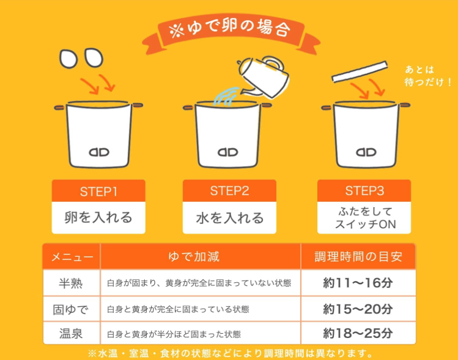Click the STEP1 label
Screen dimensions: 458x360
(98, 191)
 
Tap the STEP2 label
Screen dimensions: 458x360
(229, 191)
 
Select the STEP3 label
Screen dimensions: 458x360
(364, 191)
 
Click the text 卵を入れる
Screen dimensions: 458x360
(98, 218)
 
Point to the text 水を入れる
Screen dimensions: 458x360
(229, 218)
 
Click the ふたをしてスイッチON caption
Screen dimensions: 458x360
(365, 218)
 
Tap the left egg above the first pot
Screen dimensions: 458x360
(68, 59)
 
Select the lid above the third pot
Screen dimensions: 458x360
(360, 72)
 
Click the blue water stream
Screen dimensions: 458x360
(226, 97)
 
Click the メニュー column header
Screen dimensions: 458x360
(72, 257)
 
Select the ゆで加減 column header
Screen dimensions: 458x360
(194, 257)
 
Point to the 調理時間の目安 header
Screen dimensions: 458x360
(358, 257)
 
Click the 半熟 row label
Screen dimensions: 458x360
(71, 283)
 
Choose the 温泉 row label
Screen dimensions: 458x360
(71, 334)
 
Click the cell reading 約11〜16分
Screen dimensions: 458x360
(358, 283)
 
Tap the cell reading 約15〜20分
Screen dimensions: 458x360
(358, 309)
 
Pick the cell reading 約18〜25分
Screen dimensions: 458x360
(358, 333)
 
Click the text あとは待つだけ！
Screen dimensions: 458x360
(428, 76)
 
